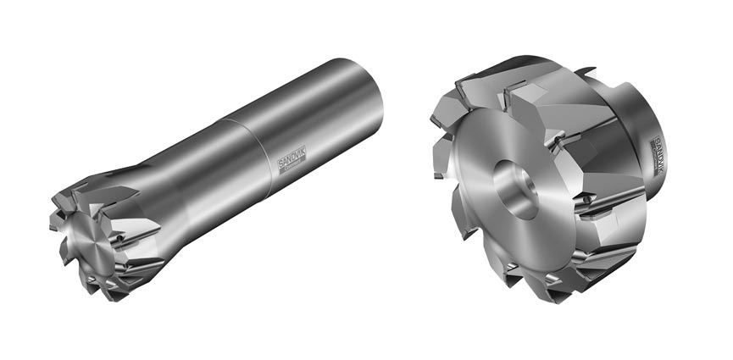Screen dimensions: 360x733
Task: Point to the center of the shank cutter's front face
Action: pyautogui.click(x=91, y=245)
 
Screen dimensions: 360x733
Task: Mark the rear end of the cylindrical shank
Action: pyautogui.click(x=359, y=85)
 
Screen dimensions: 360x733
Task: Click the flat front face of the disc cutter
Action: pyautogui.click(x=491, y=229)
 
